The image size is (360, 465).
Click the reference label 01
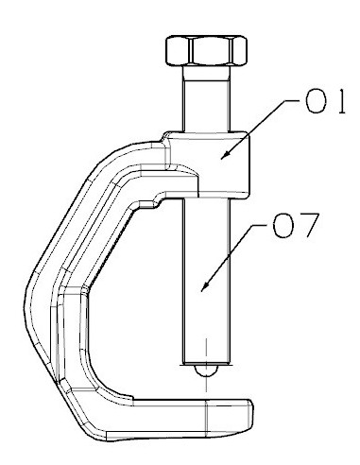[325, 101]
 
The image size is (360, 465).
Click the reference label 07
[296, 225]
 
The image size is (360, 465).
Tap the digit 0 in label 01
[316, 101]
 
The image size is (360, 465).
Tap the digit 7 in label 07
[309, 226]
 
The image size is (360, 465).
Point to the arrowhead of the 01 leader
[224, 156]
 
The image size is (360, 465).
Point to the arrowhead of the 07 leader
[204, 286]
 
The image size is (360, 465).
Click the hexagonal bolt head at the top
[206, 50]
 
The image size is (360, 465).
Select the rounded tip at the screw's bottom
[206, 370]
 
